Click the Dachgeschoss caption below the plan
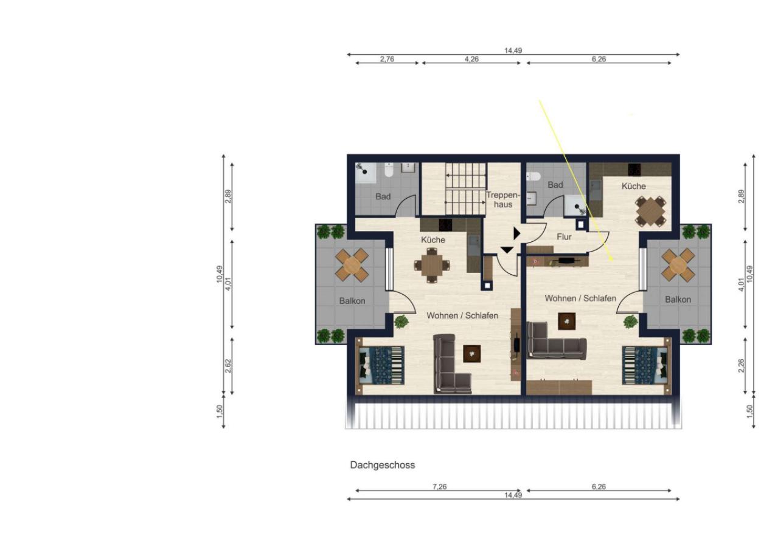[382, 465]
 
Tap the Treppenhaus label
[502, 199]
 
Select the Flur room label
[564, 237]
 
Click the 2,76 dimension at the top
[387, 59]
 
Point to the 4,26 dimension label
[471, 59]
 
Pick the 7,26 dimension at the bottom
[439, 486]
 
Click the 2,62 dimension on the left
[228, 366]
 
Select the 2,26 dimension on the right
[741, 366]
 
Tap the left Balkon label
[352, 301]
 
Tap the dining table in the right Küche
[651, 211]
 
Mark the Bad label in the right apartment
[555, 185]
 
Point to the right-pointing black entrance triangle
[516, 233]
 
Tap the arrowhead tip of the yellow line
[613, 260]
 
